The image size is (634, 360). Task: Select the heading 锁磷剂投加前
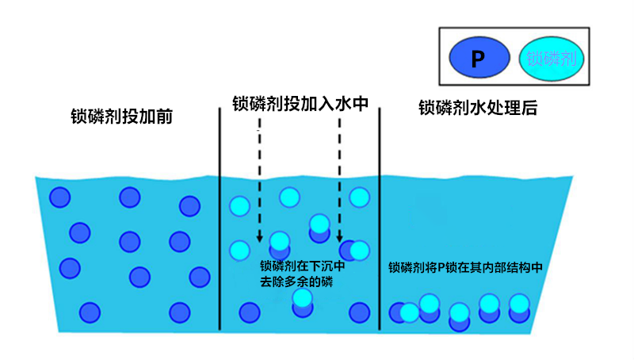point(121,117)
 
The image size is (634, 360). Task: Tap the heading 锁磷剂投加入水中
point(300,104)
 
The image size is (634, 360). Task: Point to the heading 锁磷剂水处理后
point(478,108)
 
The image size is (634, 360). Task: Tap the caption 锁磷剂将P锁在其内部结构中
point(465,268)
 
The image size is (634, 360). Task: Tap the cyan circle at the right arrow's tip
point(360,250)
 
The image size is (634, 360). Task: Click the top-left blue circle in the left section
point(59,197)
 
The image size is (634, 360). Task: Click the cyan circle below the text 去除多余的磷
point(302,298)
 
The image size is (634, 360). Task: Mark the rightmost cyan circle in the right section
point(519,303)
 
